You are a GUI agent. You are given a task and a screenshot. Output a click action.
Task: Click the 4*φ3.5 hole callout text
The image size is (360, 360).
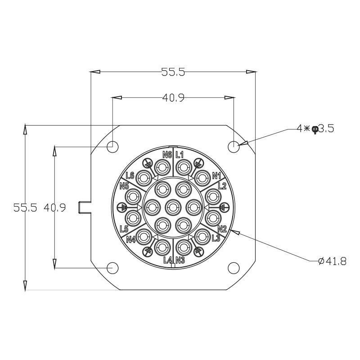[315, 129]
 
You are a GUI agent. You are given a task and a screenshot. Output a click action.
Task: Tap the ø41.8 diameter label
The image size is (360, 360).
[332, 261]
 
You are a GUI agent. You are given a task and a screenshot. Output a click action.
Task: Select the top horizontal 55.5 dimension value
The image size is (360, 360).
[173, 72]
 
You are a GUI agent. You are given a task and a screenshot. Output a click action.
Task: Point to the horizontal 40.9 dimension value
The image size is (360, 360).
[173, 98]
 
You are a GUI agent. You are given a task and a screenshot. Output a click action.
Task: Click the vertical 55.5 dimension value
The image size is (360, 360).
[25, 208]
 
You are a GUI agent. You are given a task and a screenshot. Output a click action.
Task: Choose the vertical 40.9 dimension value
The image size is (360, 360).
[54, 208]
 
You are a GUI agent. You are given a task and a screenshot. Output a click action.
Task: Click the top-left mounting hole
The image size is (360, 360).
[112, 146]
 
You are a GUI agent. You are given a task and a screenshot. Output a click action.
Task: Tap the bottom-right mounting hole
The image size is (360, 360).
[234, 268]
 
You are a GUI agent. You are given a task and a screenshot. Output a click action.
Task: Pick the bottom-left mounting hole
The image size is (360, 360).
[112, 268]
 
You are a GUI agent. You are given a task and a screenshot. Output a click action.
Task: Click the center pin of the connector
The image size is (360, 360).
[173, 208]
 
